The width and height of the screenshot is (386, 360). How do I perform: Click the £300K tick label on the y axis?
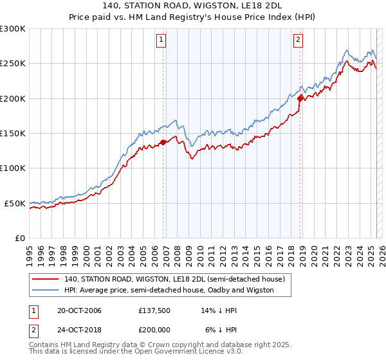tap(13, 29)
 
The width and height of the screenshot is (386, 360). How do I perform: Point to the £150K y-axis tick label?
tap(13, 134)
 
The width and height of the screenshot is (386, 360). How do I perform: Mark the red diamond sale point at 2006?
tap(163, 142)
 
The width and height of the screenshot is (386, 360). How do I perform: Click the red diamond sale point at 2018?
tap(300, 98)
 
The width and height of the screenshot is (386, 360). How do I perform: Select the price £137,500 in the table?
tap(154, 310)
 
